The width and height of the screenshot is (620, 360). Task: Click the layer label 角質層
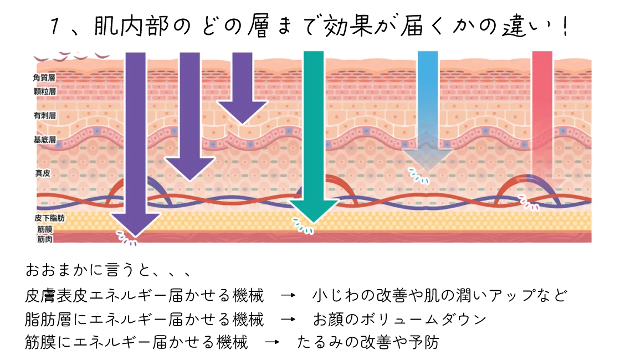tap(44, 78)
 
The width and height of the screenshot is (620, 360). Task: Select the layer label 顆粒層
tap(44, 91)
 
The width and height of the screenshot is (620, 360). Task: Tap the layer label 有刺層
tap(44, 116)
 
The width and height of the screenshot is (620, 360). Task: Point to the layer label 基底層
tap(44, 140)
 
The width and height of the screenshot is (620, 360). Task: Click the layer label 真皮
tap(43, 173)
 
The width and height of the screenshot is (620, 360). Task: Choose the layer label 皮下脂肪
tap(49, 218)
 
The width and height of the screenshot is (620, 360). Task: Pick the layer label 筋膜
tap(45, 229)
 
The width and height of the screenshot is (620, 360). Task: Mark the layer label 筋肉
tap(45, 239)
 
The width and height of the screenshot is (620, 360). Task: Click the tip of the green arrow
tap(314, 220)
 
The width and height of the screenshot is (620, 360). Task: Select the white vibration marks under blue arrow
tap(418, 176)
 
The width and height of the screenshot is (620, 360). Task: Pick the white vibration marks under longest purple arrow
tap(126, 239)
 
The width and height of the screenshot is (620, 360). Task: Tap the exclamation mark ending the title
tap(565, 28)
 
